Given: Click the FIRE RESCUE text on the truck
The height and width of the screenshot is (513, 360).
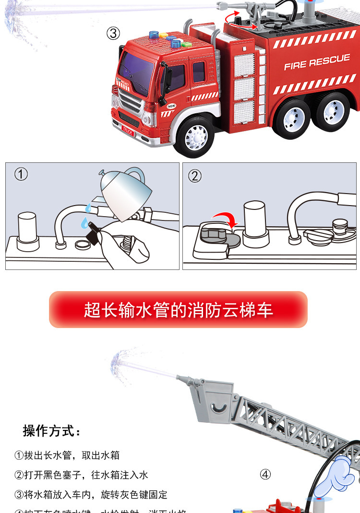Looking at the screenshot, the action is coord(317,62).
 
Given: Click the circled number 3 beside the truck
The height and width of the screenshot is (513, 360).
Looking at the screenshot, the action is coord(113,33).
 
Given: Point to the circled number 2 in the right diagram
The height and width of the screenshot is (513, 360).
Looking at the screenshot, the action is coord(194,176).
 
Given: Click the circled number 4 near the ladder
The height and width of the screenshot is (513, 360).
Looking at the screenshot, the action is coord(265,475).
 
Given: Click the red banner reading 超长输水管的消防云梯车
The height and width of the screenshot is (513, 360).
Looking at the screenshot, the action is coord(178,310).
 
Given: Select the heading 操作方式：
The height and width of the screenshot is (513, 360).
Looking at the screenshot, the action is coord(52,431).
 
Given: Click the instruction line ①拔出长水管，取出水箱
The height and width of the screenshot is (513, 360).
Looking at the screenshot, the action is coord(67,455).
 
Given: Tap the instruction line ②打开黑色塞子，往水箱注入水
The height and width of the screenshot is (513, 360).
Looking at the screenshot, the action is coord(81,475).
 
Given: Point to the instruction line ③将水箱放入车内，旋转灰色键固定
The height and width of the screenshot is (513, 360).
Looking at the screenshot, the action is coord(91,495).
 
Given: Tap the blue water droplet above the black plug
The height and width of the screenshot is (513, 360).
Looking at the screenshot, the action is coord(84,224).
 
